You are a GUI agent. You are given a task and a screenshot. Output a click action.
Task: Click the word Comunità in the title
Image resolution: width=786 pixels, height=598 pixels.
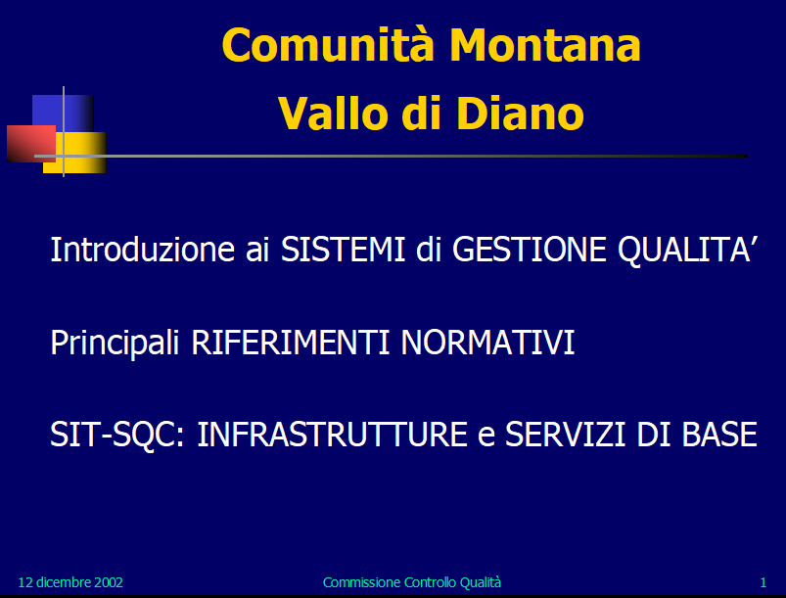328,45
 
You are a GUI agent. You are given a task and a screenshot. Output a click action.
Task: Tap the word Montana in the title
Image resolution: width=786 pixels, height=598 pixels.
545,45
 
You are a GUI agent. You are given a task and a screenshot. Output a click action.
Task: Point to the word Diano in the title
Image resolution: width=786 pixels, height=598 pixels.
520,114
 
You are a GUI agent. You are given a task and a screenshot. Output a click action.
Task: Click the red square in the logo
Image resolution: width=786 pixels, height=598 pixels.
31,143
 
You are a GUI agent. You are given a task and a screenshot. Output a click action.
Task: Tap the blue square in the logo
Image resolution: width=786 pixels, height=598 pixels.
63,114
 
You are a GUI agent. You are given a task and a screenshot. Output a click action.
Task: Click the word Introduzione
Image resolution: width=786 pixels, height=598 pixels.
142,250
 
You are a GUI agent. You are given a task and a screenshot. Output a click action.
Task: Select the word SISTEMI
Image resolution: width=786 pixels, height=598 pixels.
343,250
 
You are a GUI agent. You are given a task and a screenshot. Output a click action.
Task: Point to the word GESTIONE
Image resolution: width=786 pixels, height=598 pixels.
530,250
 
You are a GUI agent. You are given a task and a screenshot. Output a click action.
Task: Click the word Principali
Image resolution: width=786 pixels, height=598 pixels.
115,344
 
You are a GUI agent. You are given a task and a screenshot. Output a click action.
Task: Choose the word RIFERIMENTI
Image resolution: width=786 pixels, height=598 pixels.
291,343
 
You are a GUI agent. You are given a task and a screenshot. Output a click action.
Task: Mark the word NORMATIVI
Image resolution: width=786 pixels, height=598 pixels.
487,343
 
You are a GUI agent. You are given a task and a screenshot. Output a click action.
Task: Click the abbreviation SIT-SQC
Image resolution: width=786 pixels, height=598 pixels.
117,435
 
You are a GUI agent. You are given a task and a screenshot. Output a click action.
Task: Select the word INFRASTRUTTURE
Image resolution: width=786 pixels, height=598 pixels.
333,435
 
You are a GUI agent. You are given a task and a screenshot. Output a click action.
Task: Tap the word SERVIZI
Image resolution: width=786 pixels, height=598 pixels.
565,435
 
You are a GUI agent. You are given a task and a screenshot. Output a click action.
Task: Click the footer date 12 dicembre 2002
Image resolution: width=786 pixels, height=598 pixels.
70,582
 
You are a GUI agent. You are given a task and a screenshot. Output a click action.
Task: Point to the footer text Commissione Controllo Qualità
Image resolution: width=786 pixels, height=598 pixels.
412,582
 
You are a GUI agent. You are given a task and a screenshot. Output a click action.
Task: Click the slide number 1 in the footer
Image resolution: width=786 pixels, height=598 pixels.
763,582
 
